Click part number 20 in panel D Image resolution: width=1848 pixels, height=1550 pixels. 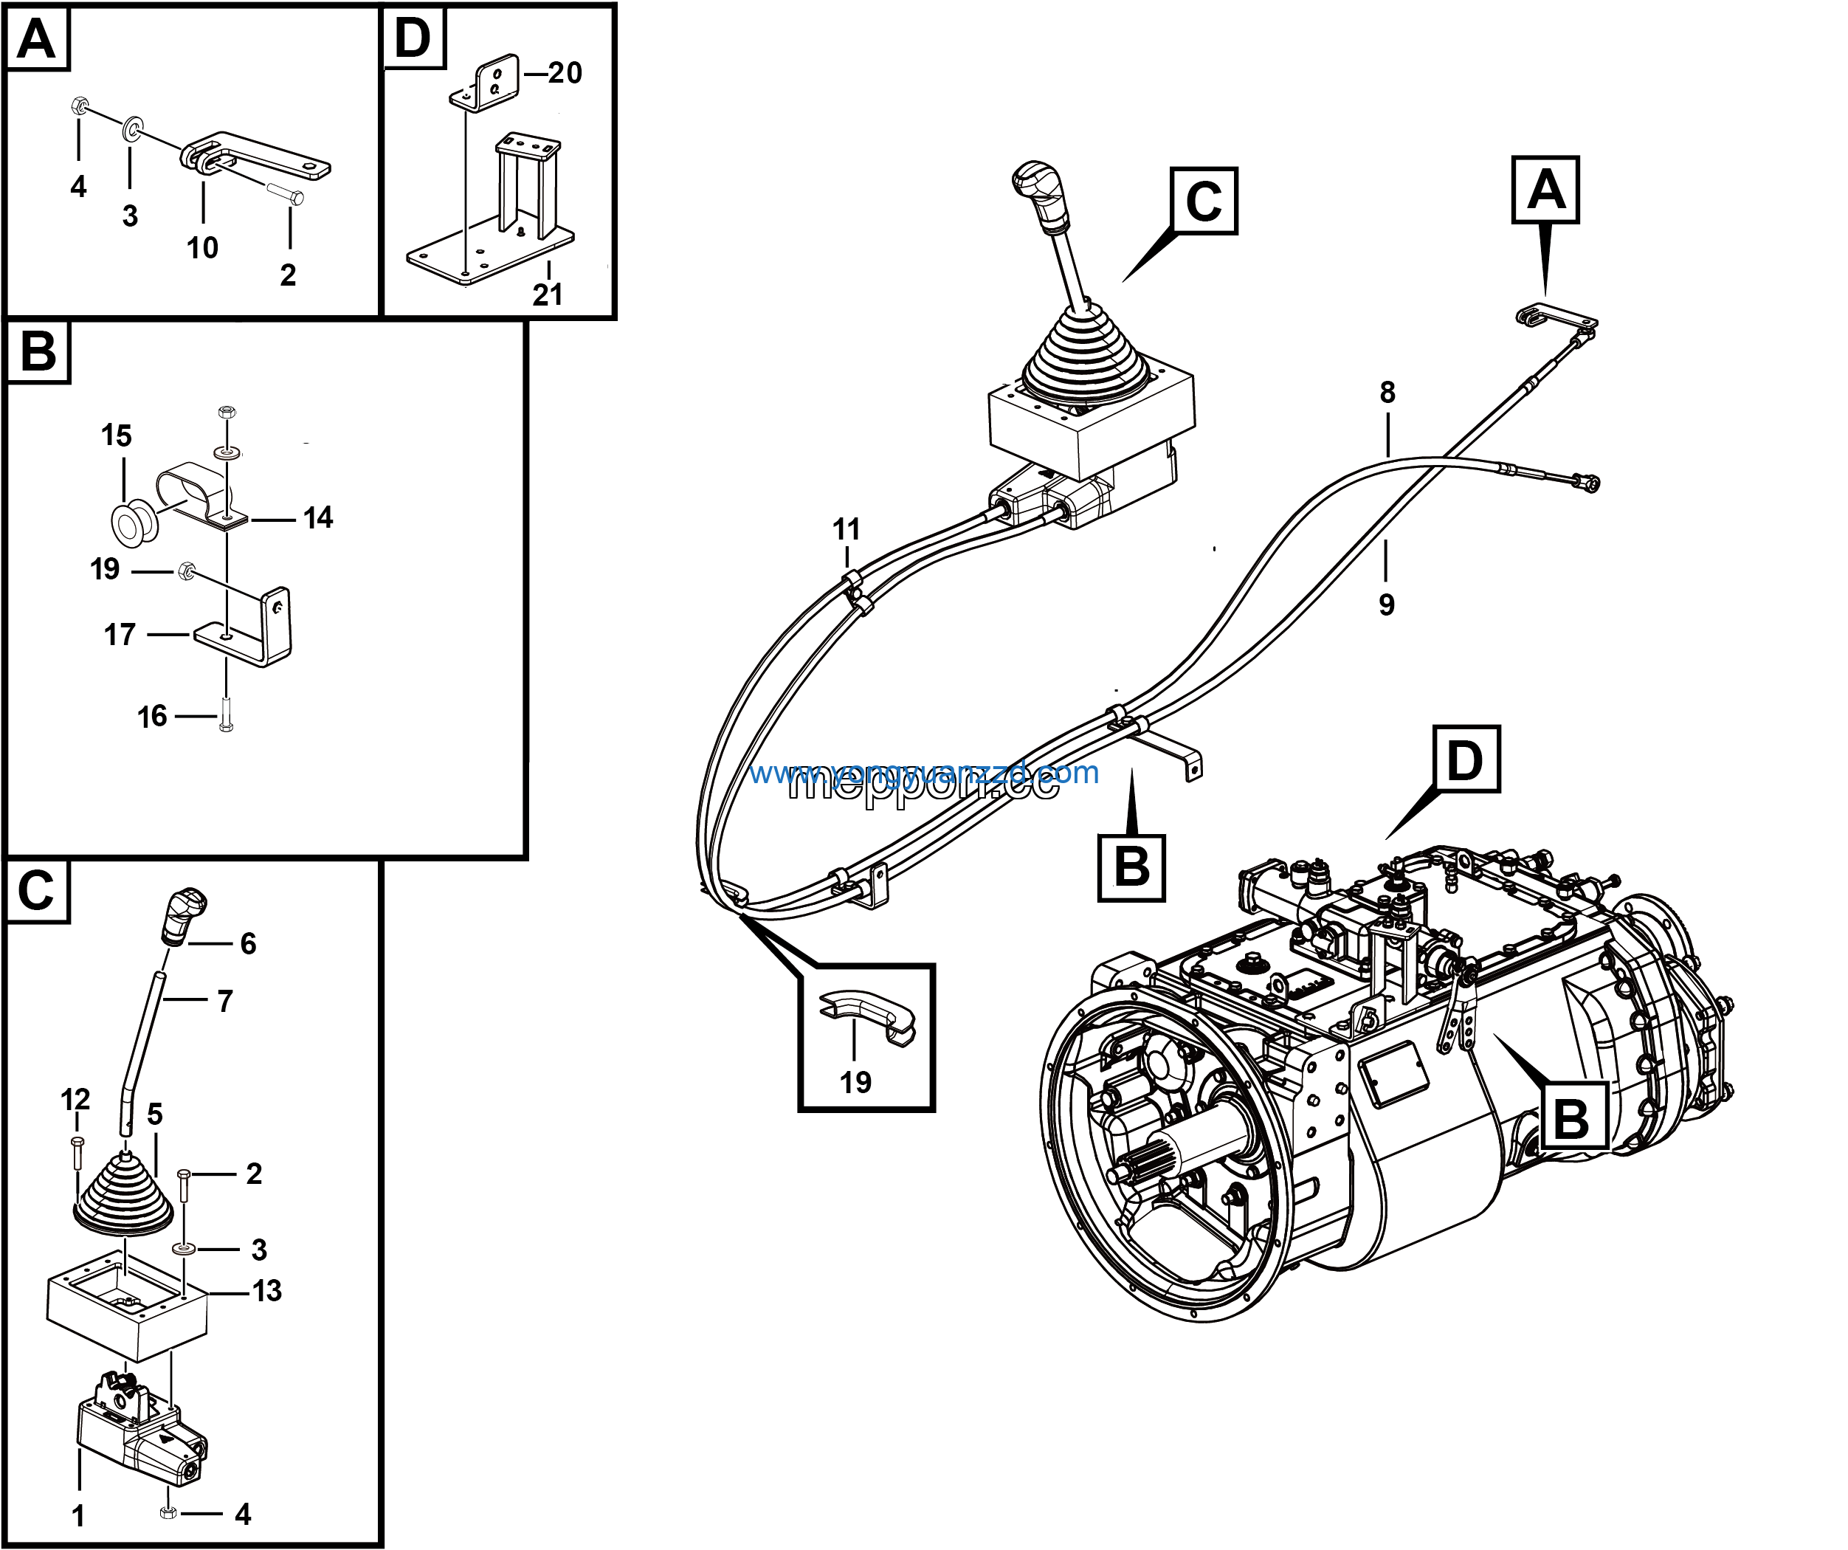coord(565,73)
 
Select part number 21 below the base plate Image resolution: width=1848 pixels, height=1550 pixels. coord(548,294)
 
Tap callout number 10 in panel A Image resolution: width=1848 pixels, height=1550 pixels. coord(202,248)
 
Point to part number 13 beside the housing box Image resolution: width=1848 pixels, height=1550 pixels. coord(266,1291)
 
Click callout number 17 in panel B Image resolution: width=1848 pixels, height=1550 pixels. coord(120,635)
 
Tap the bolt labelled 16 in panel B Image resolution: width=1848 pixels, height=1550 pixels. coord(225,714)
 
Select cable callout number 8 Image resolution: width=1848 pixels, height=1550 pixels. coord(1387,393)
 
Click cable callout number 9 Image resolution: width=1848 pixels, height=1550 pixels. coord(1387,604)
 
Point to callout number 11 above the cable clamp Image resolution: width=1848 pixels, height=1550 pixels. coord(847,530)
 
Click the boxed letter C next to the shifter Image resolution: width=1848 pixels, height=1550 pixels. coord(1204,201)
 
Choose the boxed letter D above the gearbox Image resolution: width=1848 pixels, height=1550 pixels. coord(1465,760)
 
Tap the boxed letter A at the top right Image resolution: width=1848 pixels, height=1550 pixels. coord(1545,190)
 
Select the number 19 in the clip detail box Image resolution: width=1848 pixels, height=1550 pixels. coord(855,1083)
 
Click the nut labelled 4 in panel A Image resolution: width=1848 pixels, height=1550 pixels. coord(78,106)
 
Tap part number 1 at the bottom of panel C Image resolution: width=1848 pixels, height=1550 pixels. coord(78,1515)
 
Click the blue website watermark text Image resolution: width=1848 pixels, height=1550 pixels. coord(924,774)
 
